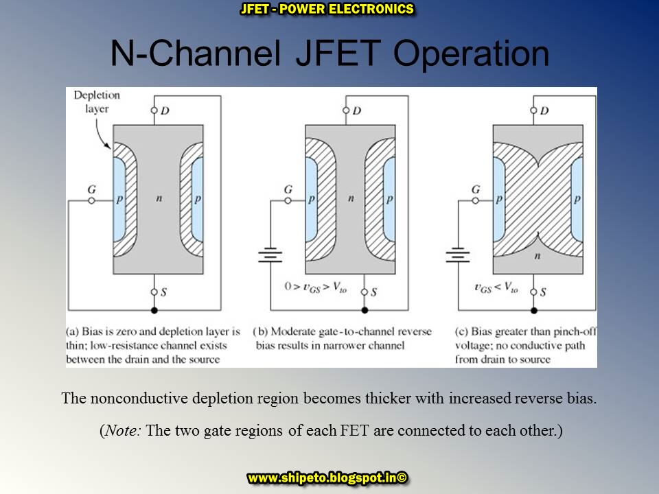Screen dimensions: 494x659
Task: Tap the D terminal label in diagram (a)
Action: click(x=165, y=110)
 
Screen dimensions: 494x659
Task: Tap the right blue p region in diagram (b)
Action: click(x=389, y=199)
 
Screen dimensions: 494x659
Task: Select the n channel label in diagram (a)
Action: click(x=157, y=198)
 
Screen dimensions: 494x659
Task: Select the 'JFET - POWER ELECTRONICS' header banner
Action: click(x=328, y=10)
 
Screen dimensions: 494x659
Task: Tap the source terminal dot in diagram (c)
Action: click(x=534, y=292)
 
